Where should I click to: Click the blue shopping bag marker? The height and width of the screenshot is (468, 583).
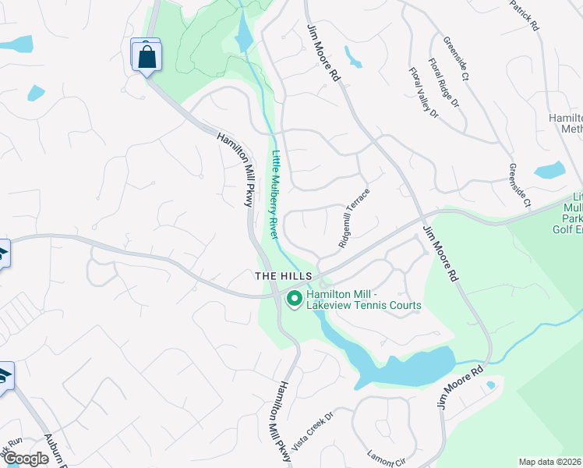pos(146,56)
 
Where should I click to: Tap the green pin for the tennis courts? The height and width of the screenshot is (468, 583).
pos(295,298)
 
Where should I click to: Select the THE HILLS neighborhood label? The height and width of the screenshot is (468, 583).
pos(284,277)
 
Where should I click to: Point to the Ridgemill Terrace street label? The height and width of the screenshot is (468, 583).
pos(353,218)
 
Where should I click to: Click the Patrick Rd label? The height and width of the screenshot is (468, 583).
pos(525,15)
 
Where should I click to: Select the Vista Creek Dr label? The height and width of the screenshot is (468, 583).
pos(312,431)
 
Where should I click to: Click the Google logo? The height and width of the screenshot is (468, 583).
pos(26,459)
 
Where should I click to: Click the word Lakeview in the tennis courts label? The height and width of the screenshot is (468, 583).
pos(330,306)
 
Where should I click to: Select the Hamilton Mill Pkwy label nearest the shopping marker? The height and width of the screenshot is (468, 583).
pos(235,168)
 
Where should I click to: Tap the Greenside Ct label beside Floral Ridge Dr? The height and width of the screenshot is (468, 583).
pos(454,58)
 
